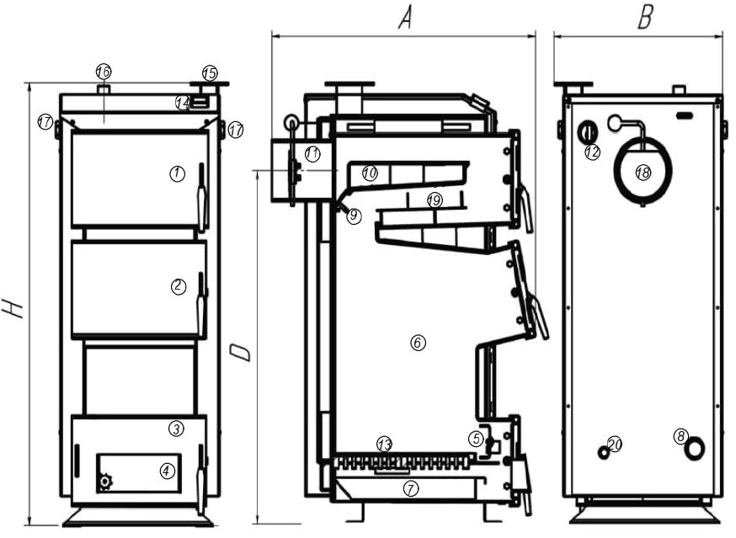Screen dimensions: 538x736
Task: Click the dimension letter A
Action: [404, 18]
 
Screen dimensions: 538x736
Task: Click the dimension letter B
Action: [644, 19]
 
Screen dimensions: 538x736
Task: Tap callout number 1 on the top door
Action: [176, 173]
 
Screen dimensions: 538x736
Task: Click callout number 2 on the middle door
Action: [178, 286]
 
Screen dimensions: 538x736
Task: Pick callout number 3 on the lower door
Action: [175, 429]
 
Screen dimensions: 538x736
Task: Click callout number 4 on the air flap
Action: [167, 471]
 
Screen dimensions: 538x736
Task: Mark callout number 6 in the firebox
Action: [416, 342]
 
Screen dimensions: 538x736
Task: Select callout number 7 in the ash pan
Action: [411, 488]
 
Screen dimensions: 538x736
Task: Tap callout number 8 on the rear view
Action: [681, 436]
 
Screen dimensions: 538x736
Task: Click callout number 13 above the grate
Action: [384, 444]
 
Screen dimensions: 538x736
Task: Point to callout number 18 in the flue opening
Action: [643, 172]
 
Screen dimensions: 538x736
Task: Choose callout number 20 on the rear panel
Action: [614, 444]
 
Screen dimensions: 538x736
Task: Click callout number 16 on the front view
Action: [104, 71]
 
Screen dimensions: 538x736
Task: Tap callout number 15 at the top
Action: [210, 73]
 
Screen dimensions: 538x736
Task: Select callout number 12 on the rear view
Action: [592, 152]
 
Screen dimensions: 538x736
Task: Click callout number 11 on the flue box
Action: [312, 154]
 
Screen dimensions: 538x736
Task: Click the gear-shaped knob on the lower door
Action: [105, 482]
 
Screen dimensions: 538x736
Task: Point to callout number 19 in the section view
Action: [434, 200]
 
